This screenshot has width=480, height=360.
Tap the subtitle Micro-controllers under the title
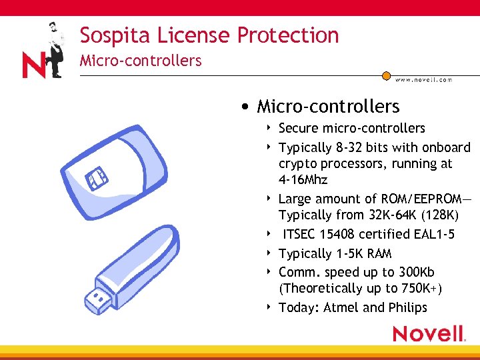140,61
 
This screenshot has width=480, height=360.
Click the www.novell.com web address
423,80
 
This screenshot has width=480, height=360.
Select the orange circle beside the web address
386,76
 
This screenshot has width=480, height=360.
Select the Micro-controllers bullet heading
328,107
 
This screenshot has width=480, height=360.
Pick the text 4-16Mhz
303,180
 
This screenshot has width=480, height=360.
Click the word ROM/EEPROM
420,199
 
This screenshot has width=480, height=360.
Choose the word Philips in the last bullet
407,307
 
